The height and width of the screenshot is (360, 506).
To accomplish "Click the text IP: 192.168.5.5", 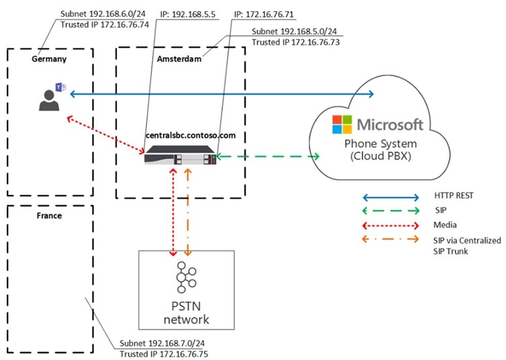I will coord(179,13).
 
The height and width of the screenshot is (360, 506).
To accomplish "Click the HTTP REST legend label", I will coord(454,197).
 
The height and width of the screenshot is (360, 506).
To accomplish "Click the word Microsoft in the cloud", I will coord(390,124).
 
